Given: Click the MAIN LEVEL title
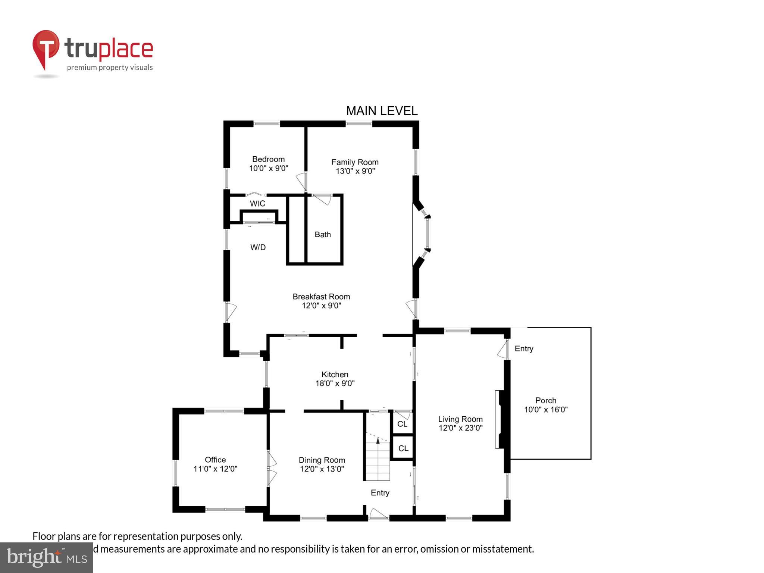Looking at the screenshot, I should tap(382, 111).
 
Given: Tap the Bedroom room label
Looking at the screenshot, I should tap(268, 159).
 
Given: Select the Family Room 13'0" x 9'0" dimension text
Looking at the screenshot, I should tap(355, 171).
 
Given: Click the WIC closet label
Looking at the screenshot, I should tap(257, 204).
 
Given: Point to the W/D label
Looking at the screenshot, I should tap(258, 247).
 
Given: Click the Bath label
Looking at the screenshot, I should tap(323, 235).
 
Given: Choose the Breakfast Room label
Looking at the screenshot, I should tap(321, 297).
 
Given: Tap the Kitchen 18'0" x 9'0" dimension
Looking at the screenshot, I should tap(335, 383).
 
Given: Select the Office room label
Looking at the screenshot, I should tap(215, 460).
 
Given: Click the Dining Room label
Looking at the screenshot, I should tap(322, 460).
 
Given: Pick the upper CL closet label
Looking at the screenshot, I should tap(402, 424).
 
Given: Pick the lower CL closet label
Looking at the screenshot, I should tap(403, 448).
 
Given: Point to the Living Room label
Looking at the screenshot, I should tap(460, 419).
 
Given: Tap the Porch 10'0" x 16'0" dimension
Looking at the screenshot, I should tap(545, 410).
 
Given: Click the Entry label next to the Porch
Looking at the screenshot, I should tap(524, 349).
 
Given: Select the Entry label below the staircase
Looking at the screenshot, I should tap(380, 493).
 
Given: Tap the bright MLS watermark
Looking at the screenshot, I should tap(47, 557).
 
